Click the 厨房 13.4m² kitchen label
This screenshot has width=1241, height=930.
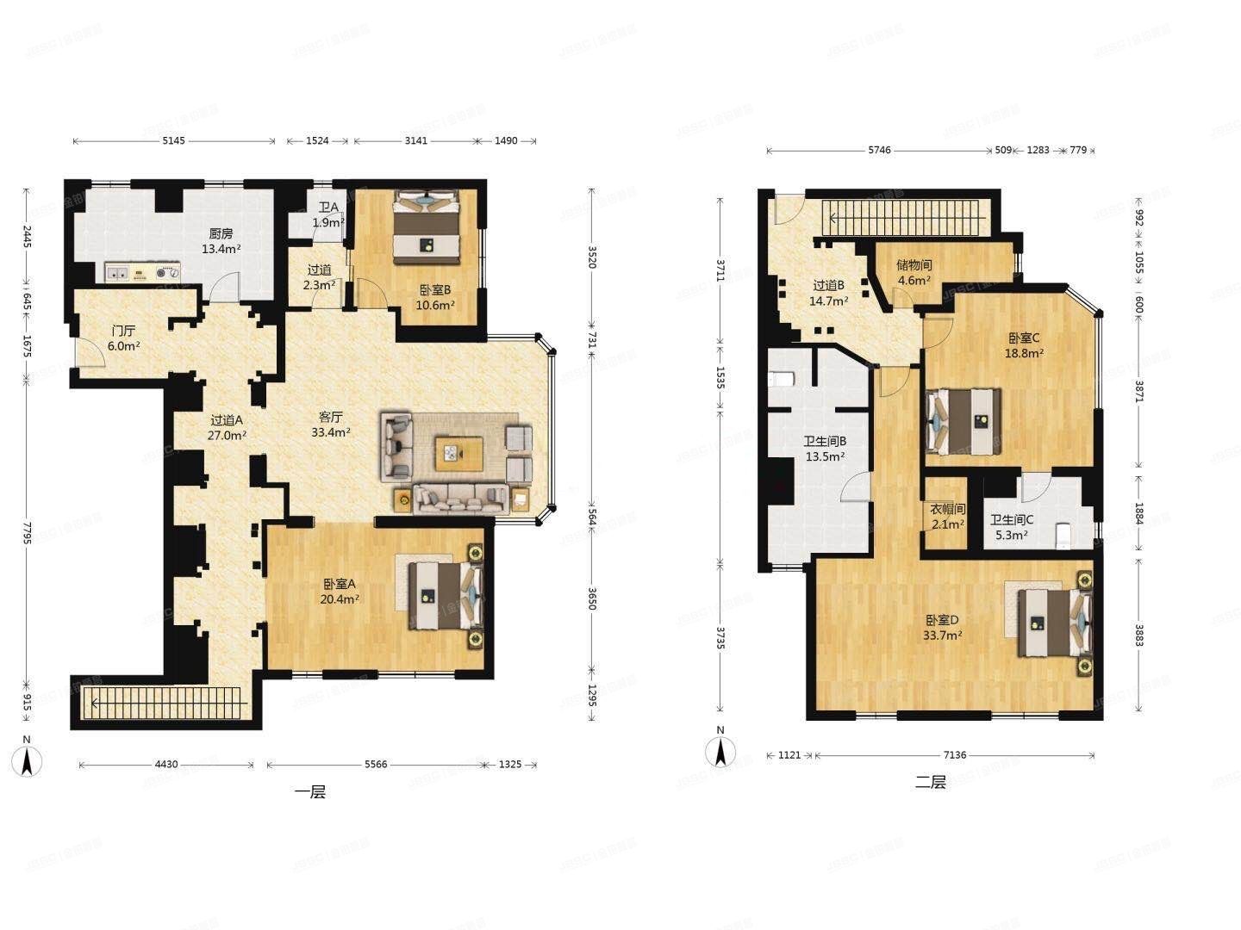click(221, 241)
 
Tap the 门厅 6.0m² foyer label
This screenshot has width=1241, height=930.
click(123, 338)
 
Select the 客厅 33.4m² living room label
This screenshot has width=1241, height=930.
click(331, 425)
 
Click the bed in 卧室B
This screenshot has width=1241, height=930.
click(426, 229)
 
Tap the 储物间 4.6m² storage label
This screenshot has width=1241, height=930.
click(914, 272)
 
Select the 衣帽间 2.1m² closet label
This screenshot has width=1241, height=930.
click(947, 516)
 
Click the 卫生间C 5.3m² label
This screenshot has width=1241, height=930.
click(1010, 527)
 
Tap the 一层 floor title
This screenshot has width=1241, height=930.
click(310, 792)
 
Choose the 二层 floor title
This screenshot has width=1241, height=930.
click(931, 783)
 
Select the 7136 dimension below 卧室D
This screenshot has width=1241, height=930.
click(954, 755)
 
